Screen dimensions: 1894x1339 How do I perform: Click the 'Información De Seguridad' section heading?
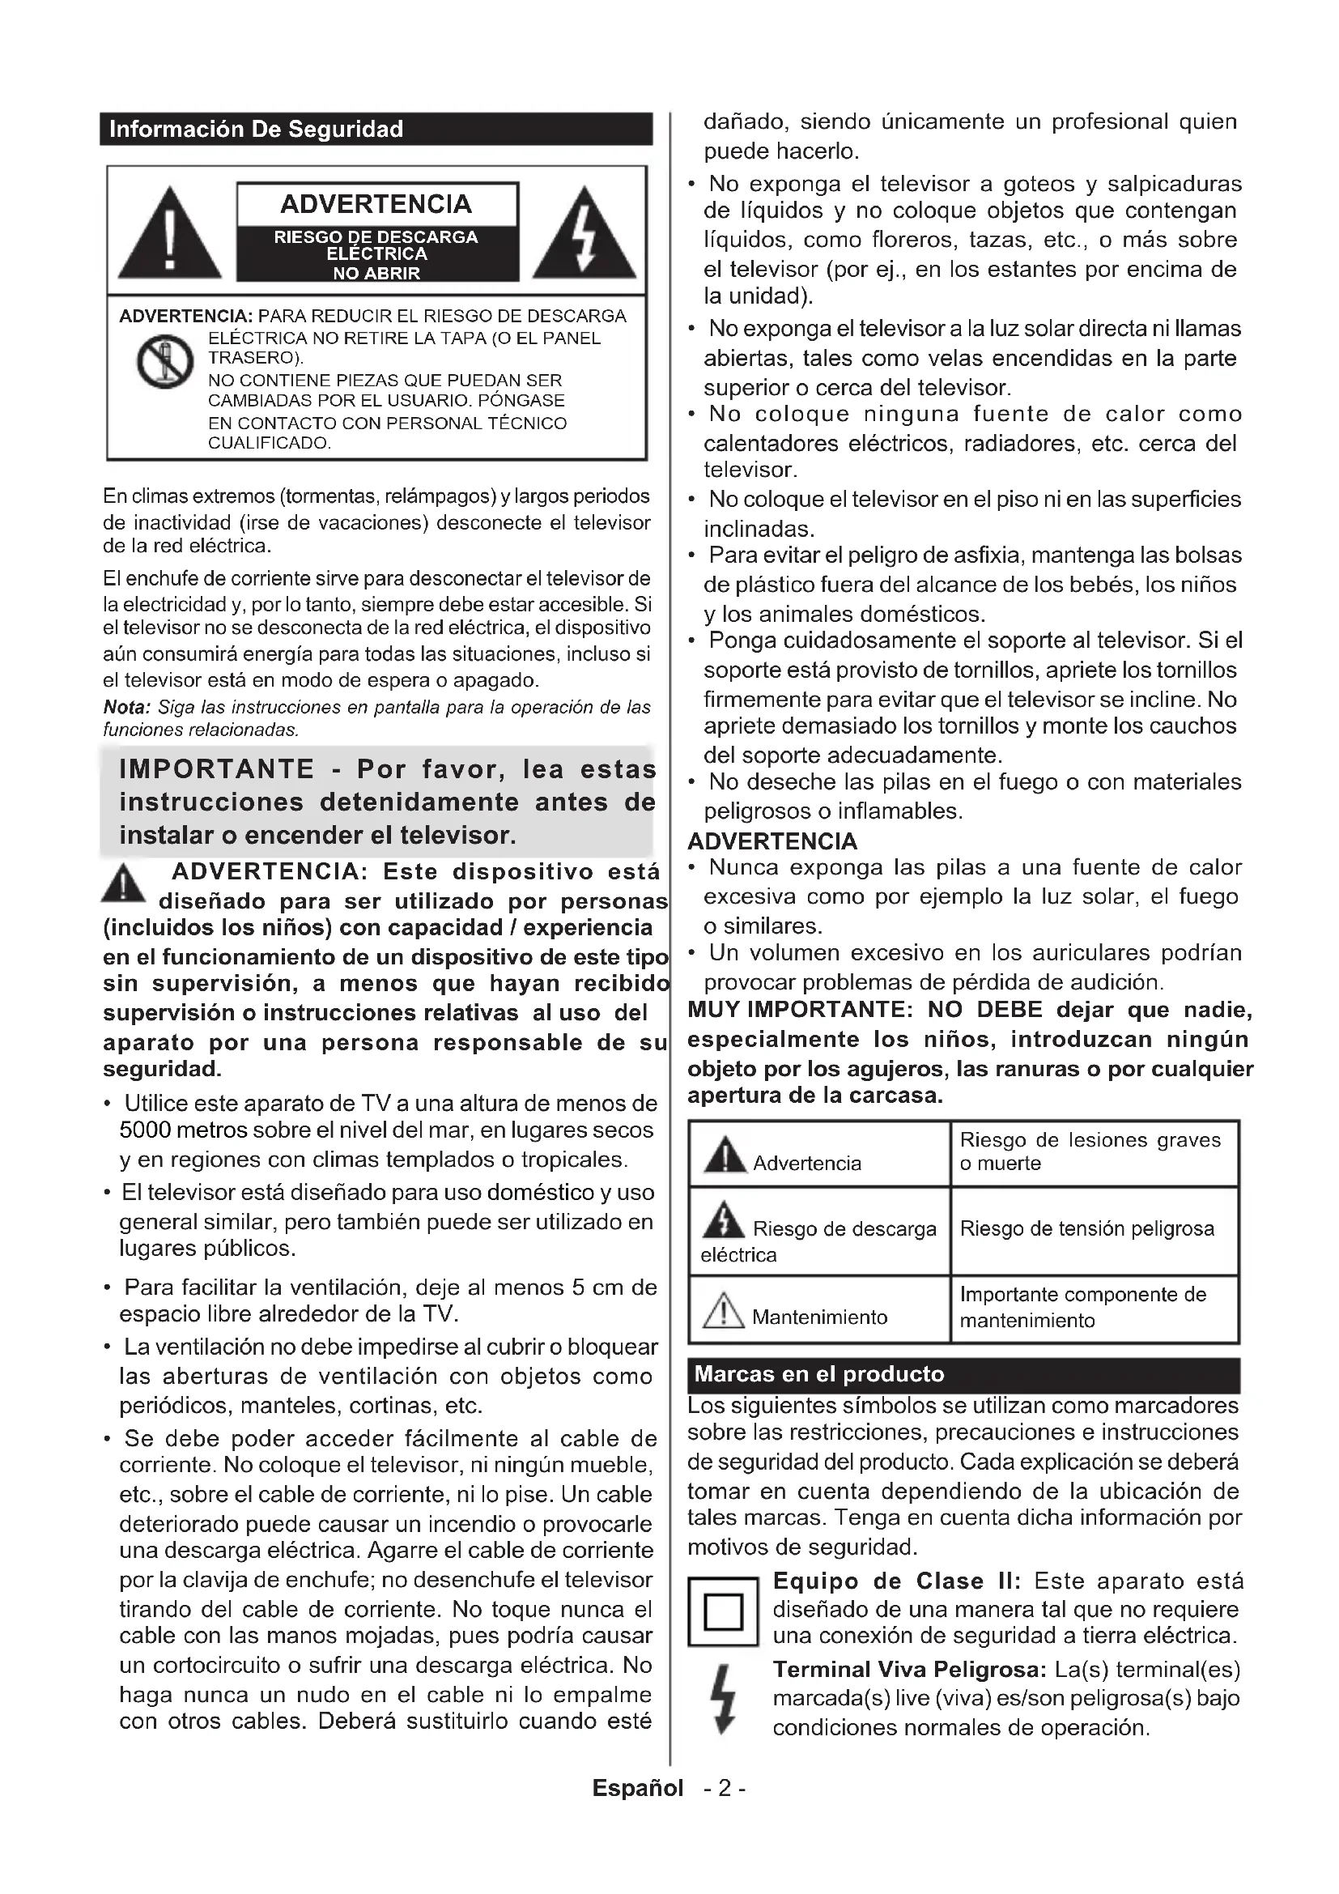tap(257, 130)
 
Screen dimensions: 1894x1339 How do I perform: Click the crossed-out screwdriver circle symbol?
tap(165, 362)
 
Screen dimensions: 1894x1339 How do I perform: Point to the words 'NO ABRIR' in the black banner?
tap(376, 273)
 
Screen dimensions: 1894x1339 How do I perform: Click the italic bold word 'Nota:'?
tap(127, 708)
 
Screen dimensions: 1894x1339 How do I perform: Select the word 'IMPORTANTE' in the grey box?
tap(217, 769)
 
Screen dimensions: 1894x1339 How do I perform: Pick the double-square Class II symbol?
tap(723, 1611)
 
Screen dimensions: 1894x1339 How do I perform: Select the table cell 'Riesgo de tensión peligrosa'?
tap(1086, 1229)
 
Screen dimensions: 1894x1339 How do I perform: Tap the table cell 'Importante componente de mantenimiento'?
tap(1082, 1308)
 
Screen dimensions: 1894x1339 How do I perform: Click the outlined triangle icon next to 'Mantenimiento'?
tap(723, 1311)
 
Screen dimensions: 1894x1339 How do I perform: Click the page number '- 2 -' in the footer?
tap(725, 1789)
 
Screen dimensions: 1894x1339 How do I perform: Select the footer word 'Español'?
tap(637, 1789)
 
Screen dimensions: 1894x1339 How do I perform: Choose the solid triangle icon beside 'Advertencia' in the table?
tap(725, 1156)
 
